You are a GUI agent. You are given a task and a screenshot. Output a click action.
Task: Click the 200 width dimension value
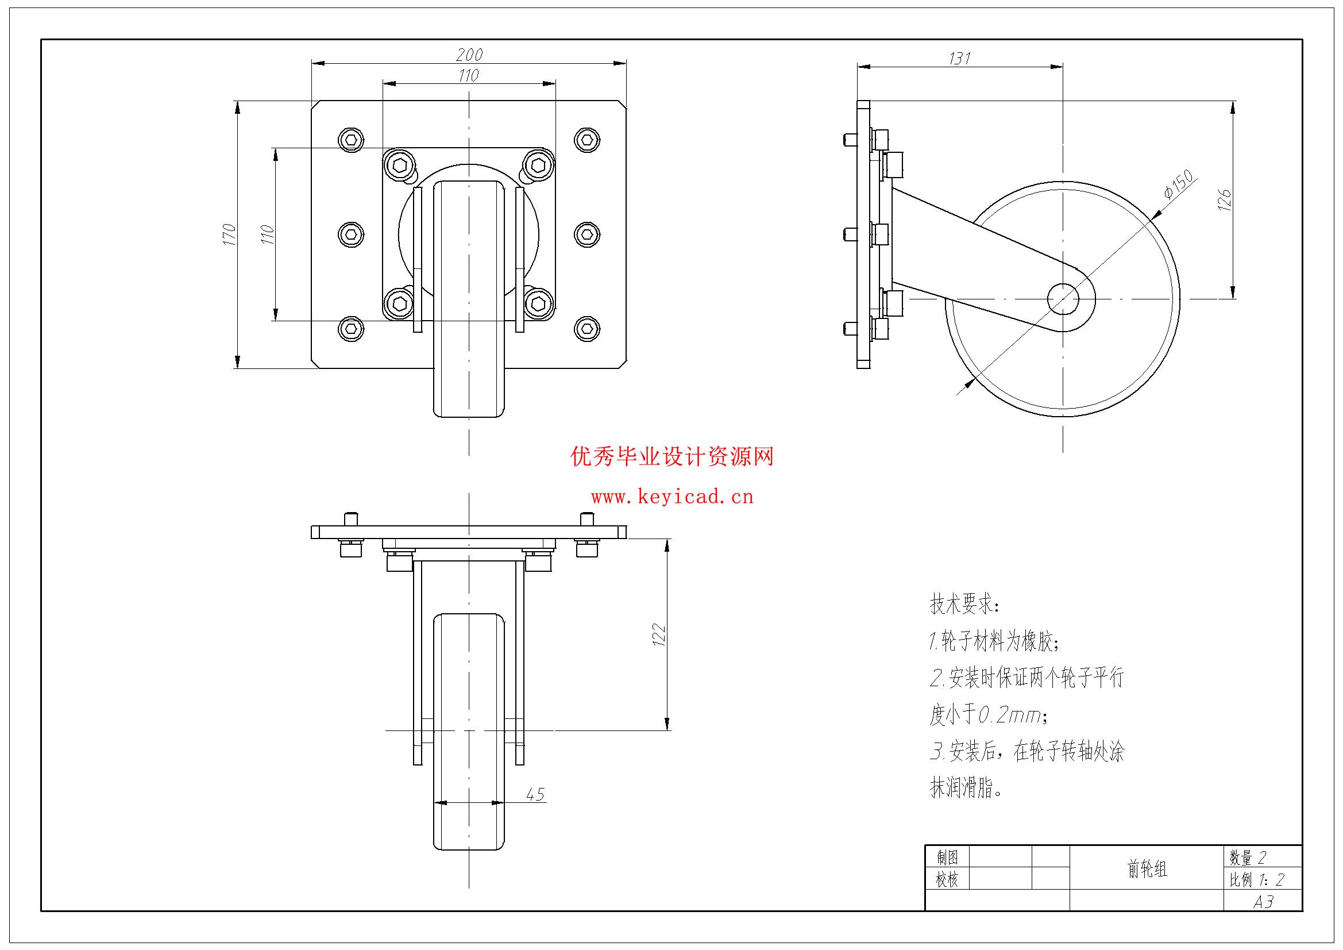click(x=469, y=55)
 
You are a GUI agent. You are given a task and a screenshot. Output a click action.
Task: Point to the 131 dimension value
click(x=960, y=59)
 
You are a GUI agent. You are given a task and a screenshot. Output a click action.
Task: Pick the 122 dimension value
click(x=659, y=634)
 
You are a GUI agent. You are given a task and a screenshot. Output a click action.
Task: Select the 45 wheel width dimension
click(x=535, y=794)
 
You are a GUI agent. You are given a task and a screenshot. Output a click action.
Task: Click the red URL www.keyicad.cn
click(x=672, y=498)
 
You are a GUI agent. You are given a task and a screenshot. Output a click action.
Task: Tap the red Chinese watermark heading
click(x=672, y=456)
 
